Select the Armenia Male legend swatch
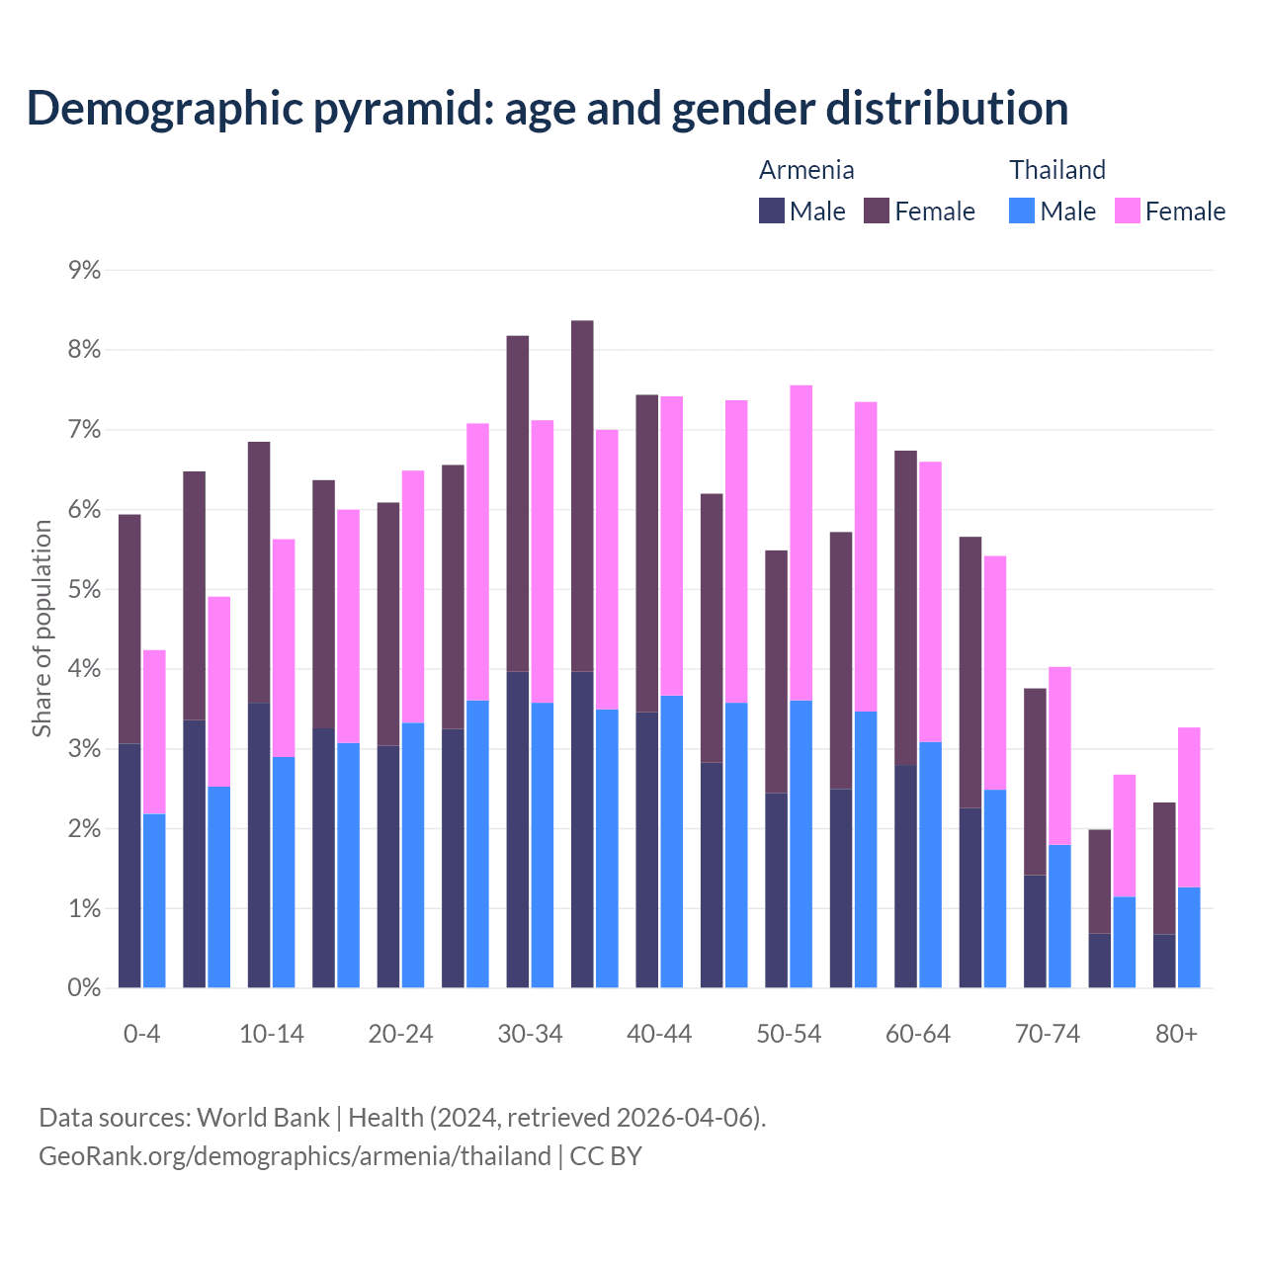(x=771, y=211)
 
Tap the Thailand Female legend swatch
(x=1127, y=211)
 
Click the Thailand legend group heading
(x=1056, y=170)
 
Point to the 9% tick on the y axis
(x=84, y=270)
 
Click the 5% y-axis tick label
(x=84, y=590)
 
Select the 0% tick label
(x=84, y=988)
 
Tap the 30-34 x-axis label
(x=530, y=1034)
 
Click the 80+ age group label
(x=1176, y=1034)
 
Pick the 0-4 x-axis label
(x=141, y=1034)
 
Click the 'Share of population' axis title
(x=42, y=629)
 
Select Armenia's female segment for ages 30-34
(x=518, y=504)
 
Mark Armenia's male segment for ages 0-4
(x=129, y=865)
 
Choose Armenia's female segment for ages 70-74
(x=1035, y=782)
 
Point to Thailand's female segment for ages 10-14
(x=284, y=647)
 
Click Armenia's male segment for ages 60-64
(x=905, y=876)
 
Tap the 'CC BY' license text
(x=606, y=1156)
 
